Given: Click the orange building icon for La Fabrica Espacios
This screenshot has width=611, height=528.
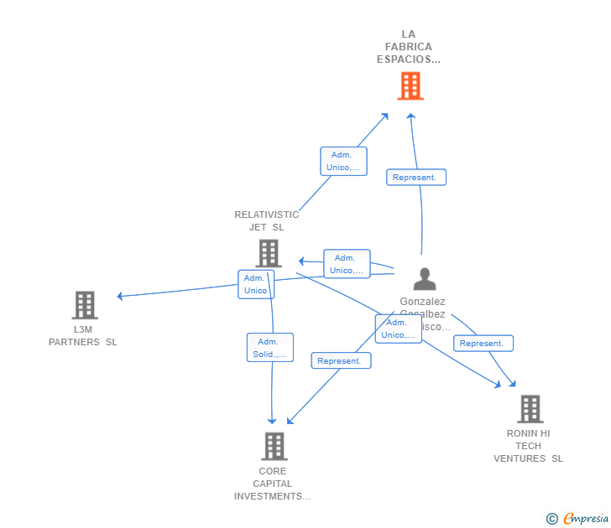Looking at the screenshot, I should click(410, 85).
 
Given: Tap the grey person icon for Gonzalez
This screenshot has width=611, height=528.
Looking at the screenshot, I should click(425, 279).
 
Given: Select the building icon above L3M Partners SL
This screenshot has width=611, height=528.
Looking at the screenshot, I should click(84, 305).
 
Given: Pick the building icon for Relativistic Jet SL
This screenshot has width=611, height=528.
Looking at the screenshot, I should click(268, 253).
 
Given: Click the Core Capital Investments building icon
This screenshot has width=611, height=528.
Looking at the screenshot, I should click(274, 446).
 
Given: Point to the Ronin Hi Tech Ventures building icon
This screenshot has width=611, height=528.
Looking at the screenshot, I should click(530, 409).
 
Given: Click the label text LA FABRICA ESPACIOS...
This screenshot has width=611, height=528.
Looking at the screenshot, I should click(409, 47).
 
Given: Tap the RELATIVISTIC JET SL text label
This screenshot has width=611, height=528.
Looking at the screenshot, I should click(267, 220).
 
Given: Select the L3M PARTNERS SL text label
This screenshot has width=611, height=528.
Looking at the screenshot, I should click(83, 335).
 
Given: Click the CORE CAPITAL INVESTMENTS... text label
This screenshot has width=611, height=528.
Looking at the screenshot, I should click(273, 484).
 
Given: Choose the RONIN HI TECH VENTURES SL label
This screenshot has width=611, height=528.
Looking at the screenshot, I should click(529, 446).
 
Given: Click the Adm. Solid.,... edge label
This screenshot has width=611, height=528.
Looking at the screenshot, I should click(269, 348).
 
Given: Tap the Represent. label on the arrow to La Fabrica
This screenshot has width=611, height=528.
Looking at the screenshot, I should click(415, 178).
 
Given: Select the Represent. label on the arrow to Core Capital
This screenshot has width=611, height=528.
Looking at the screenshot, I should click(341, 361).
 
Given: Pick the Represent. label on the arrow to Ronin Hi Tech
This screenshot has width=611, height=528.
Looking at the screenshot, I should click(483, 344).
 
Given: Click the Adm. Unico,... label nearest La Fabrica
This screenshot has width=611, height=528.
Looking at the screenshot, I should click(343, 161).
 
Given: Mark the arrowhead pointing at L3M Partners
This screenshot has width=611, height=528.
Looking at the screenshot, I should click(120, 296).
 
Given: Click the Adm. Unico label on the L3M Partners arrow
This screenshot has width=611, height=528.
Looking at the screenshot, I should click(255, 284).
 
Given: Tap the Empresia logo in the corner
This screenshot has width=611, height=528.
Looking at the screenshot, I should click(586, 519).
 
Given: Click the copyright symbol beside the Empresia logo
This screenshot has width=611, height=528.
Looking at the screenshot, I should click(552, 519).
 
